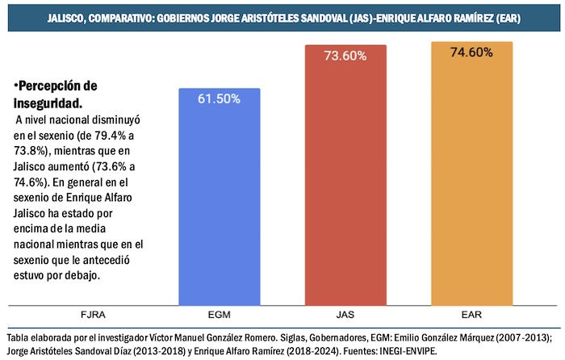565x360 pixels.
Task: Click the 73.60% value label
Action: click(346, 57)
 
